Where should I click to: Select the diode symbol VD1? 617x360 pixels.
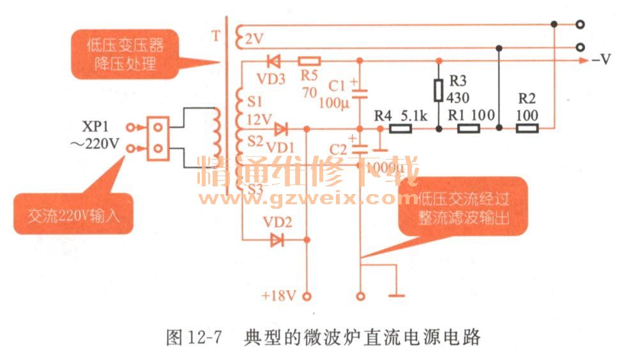point(280,129)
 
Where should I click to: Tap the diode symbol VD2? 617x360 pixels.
point(277,240)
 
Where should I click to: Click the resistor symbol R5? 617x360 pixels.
point(310,61)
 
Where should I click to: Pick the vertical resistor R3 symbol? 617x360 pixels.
point(438,90)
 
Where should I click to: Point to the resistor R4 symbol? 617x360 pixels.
point(400,129)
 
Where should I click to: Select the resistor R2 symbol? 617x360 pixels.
point(527,129)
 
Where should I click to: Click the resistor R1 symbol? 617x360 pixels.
point(469,129)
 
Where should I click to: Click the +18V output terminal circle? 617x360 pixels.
point(307,296)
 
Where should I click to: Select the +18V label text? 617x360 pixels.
point(278,296)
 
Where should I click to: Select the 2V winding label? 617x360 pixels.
point(254,40)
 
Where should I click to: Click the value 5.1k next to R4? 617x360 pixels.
point(414,116)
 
